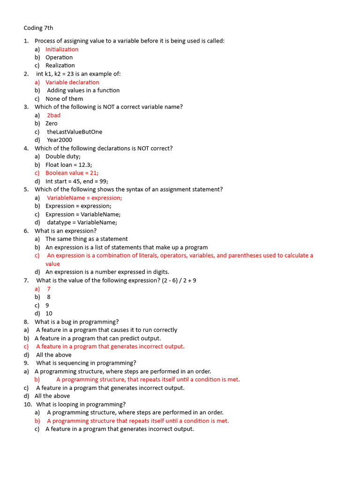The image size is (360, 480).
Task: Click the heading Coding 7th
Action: (38, 28)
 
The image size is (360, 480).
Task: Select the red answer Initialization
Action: (62, 49)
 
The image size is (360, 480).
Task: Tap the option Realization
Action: (60, 66)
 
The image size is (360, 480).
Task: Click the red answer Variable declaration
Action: (72, 82)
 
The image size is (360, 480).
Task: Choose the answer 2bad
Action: (53, 115)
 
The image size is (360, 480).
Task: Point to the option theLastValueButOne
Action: (75, 132)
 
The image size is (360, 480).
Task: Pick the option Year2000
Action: (60, 140)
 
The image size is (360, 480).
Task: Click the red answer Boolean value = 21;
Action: (72, 173)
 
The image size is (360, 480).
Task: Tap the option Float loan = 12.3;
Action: (68, 165)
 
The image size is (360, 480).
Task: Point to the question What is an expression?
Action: (66, 231)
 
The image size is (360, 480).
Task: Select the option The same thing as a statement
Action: (86, 239)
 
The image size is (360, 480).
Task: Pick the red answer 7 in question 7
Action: (49, 289)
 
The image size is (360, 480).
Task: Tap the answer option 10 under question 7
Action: (49, 314)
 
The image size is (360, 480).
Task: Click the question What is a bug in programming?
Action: (76, 322)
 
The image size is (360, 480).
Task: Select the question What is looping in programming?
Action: (81, 404)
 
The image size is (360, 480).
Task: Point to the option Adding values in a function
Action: (83, 90)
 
